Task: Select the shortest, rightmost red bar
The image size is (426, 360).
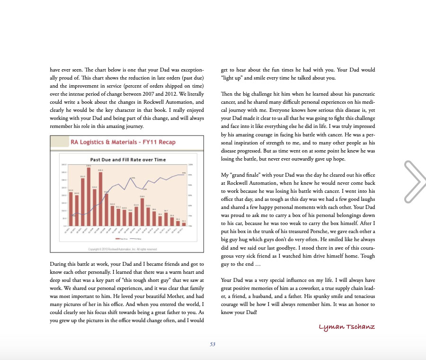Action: pos(184,224)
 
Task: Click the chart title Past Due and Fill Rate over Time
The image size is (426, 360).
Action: pos(128,159)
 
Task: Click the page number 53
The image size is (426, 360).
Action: pos(213,344)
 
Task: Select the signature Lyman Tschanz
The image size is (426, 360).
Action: pos(347,327)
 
